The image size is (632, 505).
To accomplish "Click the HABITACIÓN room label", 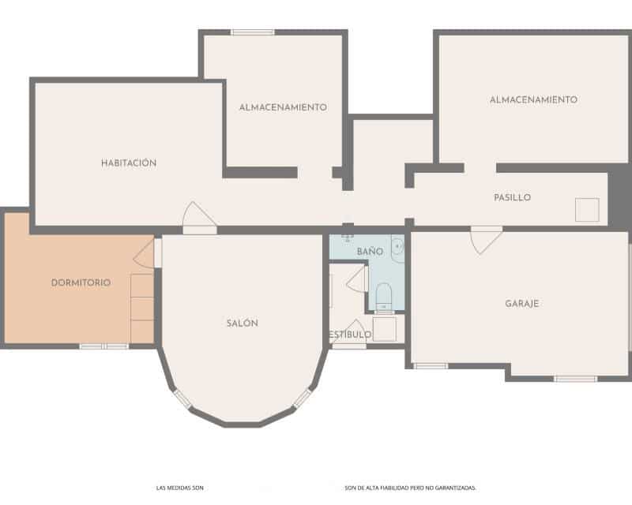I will tap(129, 163).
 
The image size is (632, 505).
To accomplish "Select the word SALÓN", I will tap(242, 323).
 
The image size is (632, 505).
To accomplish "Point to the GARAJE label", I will tap(522, 303).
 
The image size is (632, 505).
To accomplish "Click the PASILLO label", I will tap(512, 197).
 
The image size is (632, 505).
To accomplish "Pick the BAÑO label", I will tap(370, 251).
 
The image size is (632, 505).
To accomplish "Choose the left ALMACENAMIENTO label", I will tap(283, 107).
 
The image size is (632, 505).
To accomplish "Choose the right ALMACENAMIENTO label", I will tap(533, 99).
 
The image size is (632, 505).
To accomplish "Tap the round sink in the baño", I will tap(398, 245).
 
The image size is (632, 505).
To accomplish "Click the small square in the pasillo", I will tap(587, 209).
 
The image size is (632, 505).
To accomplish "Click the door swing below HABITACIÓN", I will tap(197, 217).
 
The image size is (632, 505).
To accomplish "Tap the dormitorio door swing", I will tap(145, 254).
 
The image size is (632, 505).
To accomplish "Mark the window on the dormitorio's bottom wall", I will tap(103, 346).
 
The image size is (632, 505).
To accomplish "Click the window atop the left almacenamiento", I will tap(253, 32).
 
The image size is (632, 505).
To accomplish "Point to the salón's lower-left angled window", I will tap(182, 399).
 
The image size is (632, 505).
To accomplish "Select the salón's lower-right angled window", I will tap(303, 398).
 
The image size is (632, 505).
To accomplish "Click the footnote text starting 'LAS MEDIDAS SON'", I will tap(180, 488).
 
